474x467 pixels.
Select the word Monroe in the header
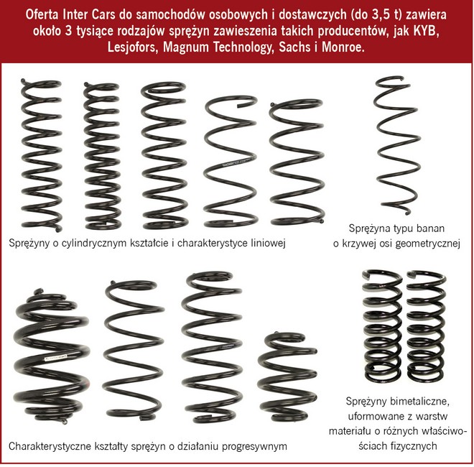(343, 47)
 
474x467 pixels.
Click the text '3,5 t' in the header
(386, 14)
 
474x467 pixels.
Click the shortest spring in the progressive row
(287, 377)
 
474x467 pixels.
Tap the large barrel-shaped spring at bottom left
(51, 357)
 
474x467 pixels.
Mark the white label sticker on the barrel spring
(55, 358)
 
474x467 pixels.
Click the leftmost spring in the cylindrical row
(41, 155)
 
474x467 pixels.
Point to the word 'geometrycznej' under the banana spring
(428, 243)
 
